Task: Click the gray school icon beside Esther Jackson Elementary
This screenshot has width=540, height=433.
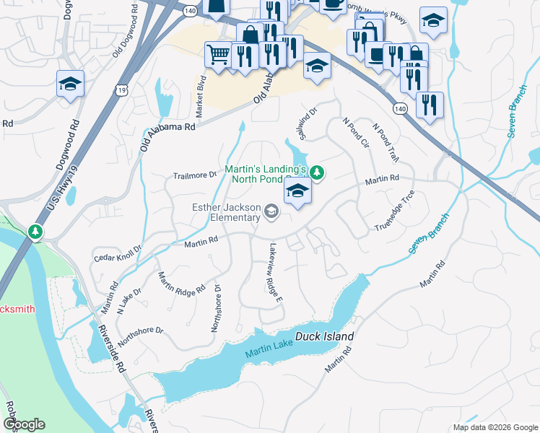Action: pos(271,211)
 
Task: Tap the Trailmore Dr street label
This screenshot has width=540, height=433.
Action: pos(195,175)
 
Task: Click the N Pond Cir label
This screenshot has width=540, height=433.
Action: pos(355,133)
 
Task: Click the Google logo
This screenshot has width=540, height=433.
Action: pos(24,424)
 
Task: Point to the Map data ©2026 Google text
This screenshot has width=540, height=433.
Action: pos(494,427)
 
